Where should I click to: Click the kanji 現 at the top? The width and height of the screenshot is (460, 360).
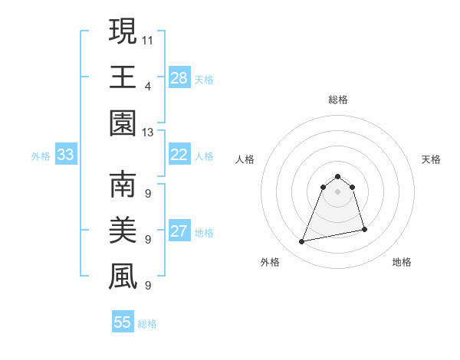pyautogui.click(x=123, y=31)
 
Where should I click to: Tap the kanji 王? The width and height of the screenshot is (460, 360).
pyautogui.click(x=123, y=77)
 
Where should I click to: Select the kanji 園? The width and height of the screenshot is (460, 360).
pyautogui.click(x=123, y=123)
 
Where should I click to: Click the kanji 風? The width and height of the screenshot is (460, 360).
pyautogui.click(x=123, y=277)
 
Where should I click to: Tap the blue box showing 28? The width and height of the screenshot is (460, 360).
pyautogui.click(x=179, y=78)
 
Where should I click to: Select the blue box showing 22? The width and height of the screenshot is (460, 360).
pyautogui.click(x=179, y=155)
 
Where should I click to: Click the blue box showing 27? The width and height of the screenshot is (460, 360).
pyautogui.click(x=179, y=231)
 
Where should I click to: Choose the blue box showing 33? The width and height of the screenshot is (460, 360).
pyautogui.click(x=66, y=155)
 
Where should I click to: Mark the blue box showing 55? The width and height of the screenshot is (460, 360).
pyautogui.click(x=123, y=322)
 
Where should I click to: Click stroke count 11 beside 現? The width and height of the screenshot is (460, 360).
pyautogui.click(x=148, y=39)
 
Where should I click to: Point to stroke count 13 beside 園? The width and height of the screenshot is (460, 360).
pyautogui.click(x=148, y=132)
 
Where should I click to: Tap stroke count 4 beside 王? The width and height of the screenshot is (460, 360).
pyautogui.click(x=148, y=86)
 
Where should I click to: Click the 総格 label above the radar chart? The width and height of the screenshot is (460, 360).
pyautogui.click(x=337, y=100)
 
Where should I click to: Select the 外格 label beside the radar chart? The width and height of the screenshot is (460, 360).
pyautogui.click(x=270, y=262)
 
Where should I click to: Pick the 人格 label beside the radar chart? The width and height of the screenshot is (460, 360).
pyautogui.click(x=245, y=159)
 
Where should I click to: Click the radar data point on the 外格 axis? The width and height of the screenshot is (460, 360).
pyautogui.click(x=302, y=242)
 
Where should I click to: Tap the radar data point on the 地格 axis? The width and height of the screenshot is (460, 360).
pyautogui.click(x=364, y=230)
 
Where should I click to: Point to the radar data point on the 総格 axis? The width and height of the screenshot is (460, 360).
pyautogui.click(x=337, y=177)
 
